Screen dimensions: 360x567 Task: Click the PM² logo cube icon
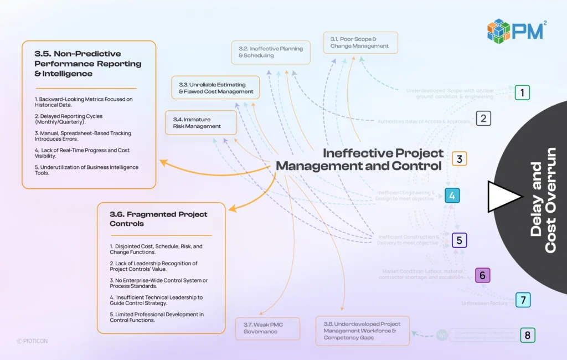[498, 31]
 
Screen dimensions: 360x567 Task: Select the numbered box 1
[522, 92]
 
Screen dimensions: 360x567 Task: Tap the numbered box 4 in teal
[452, 196]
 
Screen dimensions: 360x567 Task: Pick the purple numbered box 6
[482, 275]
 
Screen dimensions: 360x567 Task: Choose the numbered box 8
[527, 335]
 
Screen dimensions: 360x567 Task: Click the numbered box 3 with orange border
[459, 159]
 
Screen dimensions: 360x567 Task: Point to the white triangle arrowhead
[503, 196]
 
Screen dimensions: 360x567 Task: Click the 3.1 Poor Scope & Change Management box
[360, 43]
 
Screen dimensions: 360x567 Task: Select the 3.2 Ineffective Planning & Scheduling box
[271, 52]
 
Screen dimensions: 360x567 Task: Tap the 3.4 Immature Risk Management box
[201, 122]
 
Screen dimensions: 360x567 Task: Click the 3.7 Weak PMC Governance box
[267, 328]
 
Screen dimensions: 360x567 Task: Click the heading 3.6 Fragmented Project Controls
[158, 219]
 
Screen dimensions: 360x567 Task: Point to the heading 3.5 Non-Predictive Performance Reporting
[87, 63]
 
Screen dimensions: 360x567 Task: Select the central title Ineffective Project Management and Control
[359, 160]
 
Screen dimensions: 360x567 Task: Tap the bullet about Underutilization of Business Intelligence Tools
[86, 170]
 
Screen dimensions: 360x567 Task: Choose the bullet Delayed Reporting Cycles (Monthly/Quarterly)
[68, 119]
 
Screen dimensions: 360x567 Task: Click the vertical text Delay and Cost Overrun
[543, 199]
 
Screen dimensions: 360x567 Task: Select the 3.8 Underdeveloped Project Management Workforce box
[362, 331]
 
